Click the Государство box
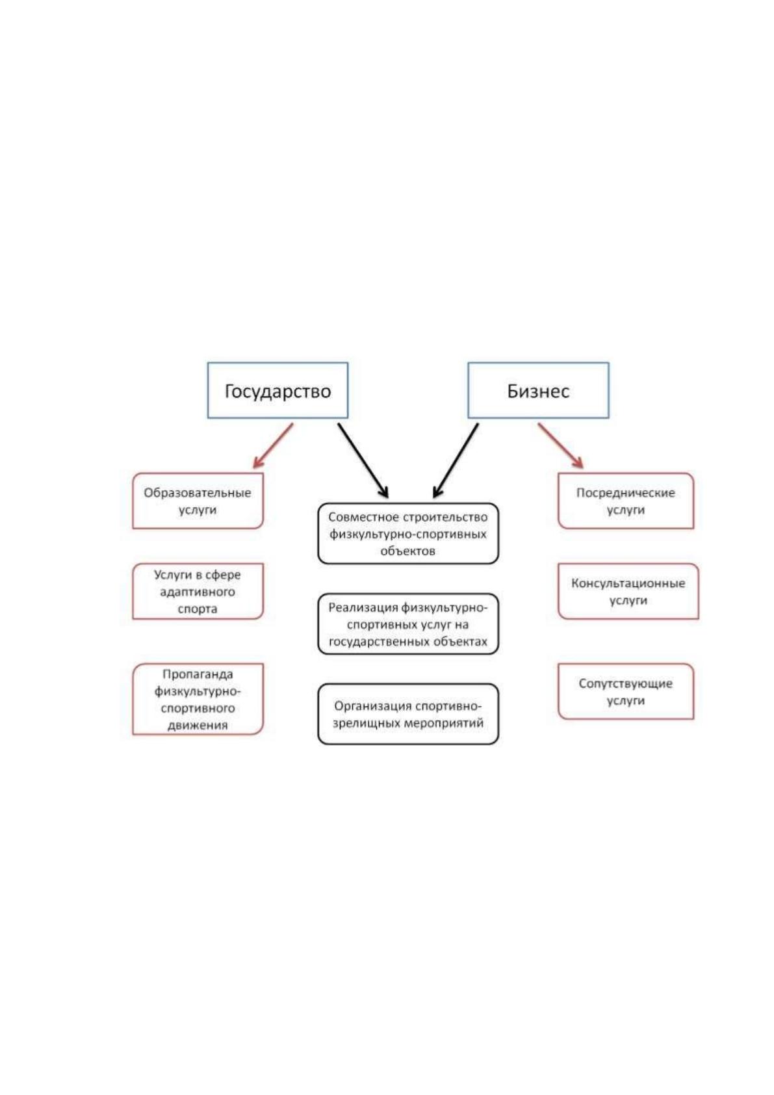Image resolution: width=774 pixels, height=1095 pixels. coord(277,390)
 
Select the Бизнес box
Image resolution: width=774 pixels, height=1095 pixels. coord(539,390)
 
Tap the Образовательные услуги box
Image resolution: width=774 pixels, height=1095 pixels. coord(198,501)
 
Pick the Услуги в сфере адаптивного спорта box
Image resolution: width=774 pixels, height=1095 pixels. coord(198,591)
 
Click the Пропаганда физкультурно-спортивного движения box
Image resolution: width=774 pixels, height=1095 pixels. coord(198,699)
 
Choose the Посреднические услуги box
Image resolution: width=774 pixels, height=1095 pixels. coord(626,501)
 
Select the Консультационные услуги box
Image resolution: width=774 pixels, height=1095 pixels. coord(628,591)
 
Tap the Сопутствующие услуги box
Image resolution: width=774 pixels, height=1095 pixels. coord(626,691)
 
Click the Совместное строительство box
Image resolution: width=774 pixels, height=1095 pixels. coord(408,533)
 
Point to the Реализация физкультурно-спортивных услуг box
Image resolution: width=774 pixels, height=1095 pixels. coord(408,624)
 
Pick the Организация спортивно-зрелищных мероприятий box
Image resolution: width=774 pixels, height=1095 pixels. coord(408,714)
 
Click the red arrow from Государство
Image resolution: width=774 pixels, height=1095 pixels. coord(273,446)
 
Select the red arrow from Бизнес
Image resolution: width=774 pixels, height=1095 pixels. coord(561,446)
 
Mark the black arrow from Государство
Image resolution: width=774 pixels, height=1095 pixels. coord(363,460)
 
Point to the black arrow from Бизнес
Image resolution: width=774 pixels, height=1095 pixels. coord(456,460)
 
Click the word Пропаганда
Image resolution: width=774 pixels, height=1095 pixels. coord(198,674)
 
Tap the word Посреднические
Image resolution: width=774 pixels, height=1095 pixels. coord(625,492)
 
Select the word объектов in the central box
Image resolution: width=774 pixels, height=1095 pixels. coord(407,551)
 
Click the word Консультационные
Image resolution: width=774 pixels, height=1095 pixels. coord(628,583)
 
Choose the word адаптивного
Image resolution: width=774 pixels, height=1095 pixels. coord(198,592)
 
